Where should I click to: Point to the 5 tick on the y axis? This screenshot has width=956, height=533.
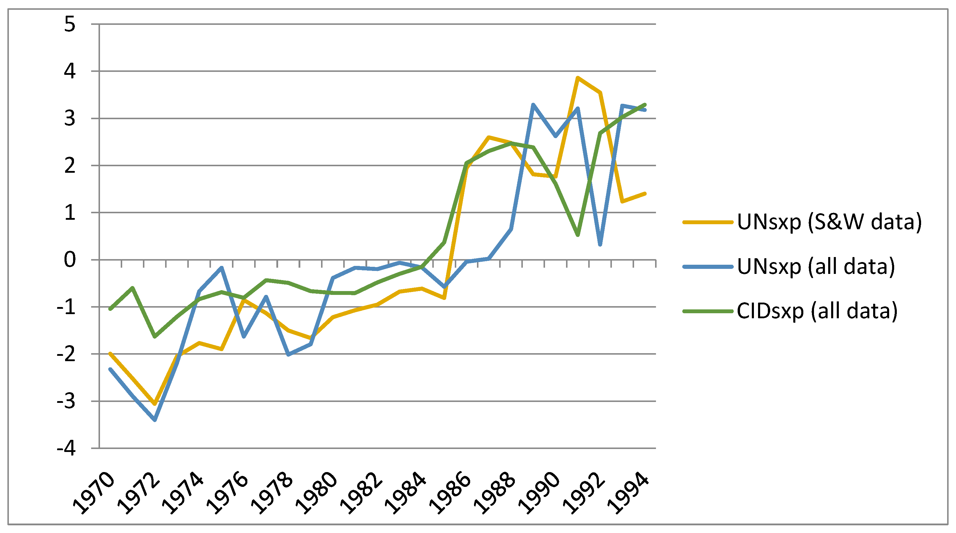(x=70, y=25)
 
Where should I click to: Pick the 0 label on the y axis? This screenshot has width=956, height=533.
(x=70, y=260)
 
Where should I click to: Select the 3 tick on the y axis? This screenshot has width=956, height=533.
(x=70, y=119)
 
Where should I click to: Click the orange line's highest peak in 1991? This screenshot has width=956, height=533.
(x=578, y=77)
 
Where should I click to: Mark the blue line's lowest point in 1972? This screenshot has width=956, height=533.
(x=155, y=420)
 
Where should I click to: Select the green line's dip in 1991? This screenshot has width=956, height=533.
(x=578, y=235)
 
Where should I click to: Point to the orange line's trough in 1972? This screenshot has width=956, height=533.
(x=155, y=403)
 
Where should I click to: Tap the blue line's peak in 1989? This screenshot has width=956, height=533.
(x=533, y=105)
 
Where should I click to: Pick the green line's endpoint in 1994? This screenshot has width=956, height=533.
(x=645, y=105)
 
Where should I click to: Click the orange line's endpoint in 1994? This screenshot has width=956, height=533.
(x=645, y=194)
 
